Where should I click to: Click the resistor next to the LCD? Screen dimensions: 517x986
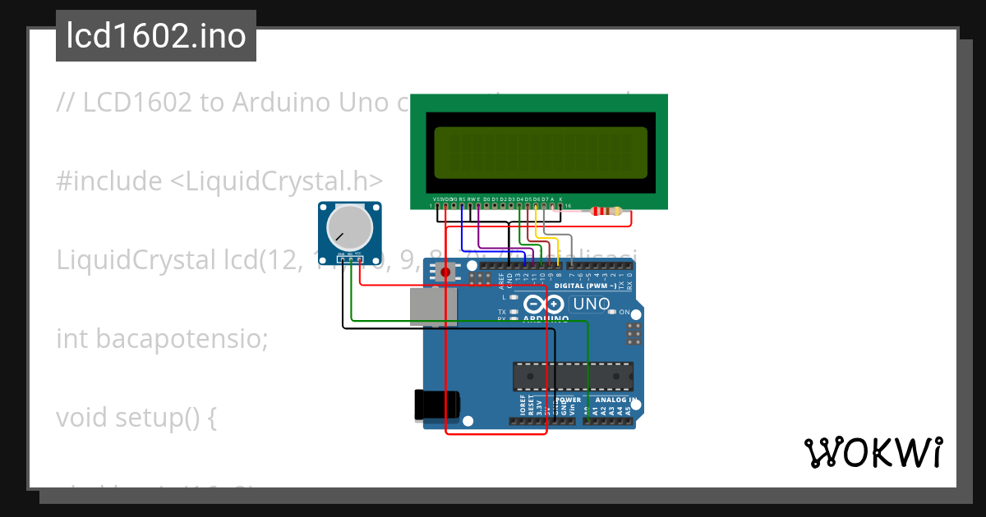pos(606,212)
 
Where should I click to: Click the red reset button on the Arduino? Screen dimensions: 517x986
pos(445,272)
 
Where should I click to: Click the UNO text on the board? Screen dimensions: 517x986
pos(592,304)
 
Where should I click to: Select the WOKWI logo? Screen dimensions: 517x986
pos(873,452)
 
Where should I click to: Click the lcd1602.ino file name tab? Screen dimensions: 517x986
pos(156,36)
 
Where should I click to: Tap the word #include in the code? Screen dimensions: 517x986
pos(108,181)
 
